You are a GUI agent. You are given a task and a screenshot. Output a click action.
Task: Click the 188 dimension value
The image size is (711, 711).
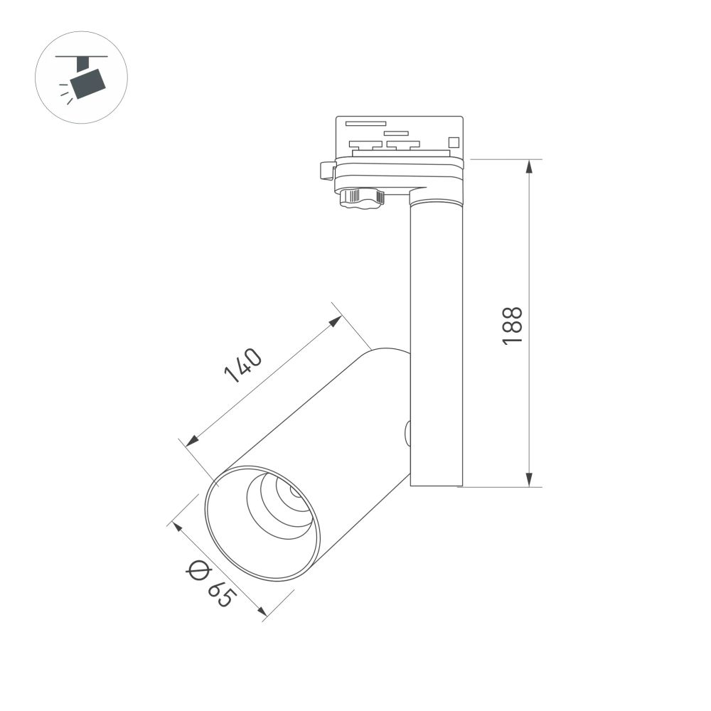(513, 326)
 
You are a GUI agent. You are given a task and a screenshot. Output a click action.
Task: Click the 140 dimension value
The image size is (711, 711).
(243, 366)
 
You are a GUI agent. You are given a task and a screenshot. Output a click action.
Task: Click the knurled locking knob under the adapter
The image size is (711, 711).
(362, 197)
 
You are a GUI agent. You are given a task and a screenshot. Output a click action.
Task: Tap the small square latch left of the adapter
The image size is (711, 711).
(328, 171)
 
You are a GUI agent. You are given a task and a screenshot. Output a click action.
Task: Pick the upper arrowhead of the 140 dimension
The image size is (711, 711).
(336, 321)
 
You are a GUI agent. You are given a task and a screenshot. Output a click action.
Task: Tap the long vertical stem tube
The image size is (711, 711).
(436, 341)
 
